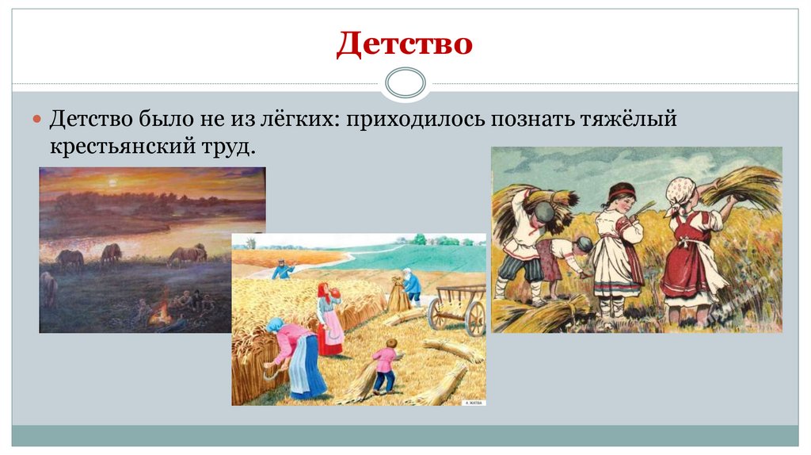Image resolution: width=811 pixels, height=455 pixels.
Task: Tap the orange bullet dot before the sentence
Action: (36, 118)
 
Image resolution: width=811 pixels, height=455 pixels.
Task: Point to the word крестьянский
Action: (123, 147)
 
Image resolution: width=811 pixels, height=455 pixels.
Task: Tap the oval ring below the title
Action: (405, 82)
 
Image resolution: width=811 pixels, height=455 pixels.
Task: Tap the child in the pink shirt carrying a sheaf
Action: (386, 365)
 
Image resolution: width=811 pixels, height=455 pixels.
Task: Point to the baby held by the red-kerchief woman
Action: (334, 292)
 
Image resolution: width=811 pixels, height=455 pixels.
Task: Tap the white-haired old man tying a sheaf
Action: (411, 285)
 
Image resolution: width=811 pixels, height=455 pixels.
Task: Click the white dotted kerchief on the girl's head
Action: (680, 190)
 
